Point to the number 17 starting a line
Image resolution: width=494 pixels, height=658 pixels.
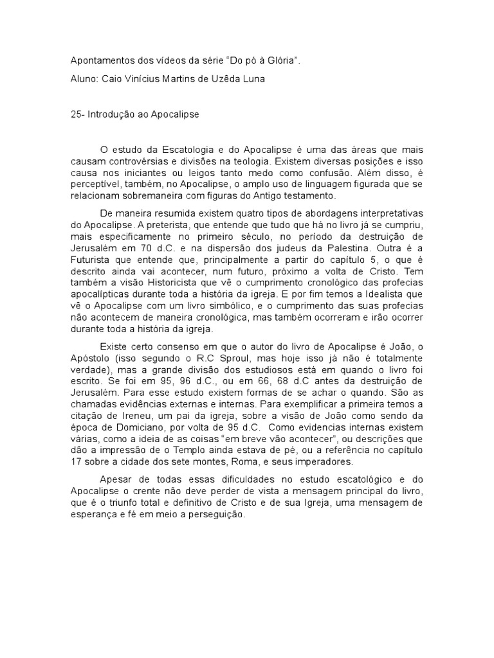[76, 462]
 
